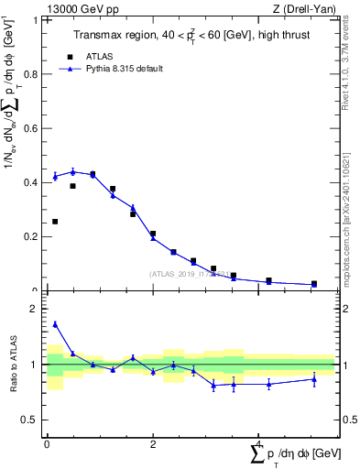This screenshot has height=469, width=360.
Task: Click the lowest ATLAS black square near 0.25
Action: click(55, 222)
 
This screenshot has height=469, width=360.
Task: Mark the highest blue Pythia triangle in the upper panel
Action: click(72, 171)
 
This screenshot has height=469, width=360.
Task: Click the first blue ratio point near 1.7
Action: click(55, 324)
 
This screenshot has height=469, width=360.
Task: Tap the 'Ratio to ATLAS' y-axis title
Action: click(13, 364)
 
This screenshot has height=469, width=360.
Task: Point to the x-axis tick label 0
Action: click(47, 442)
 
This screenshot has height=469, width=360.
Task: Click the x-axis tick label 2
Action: click(153, 442)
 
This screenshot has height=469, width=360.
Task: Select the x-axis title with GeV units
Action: click(295, 453)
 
